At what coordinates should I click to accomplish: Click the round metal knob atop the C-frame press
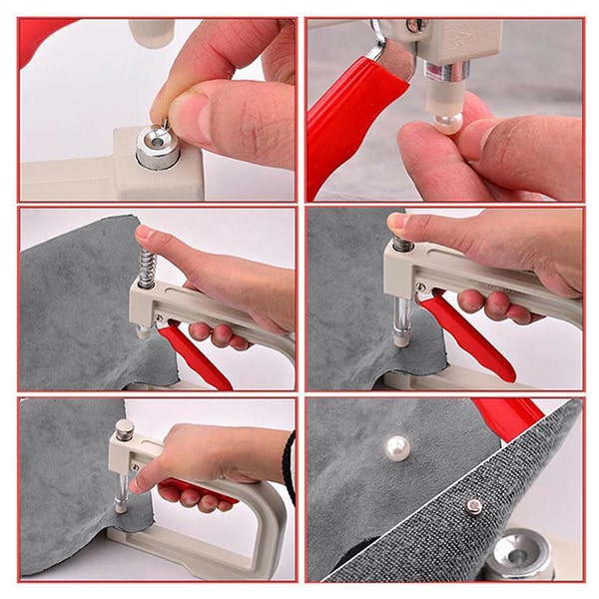[x=124, y=431]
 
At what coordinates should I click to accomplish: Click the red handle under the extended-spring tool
[x=194, y=354]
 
